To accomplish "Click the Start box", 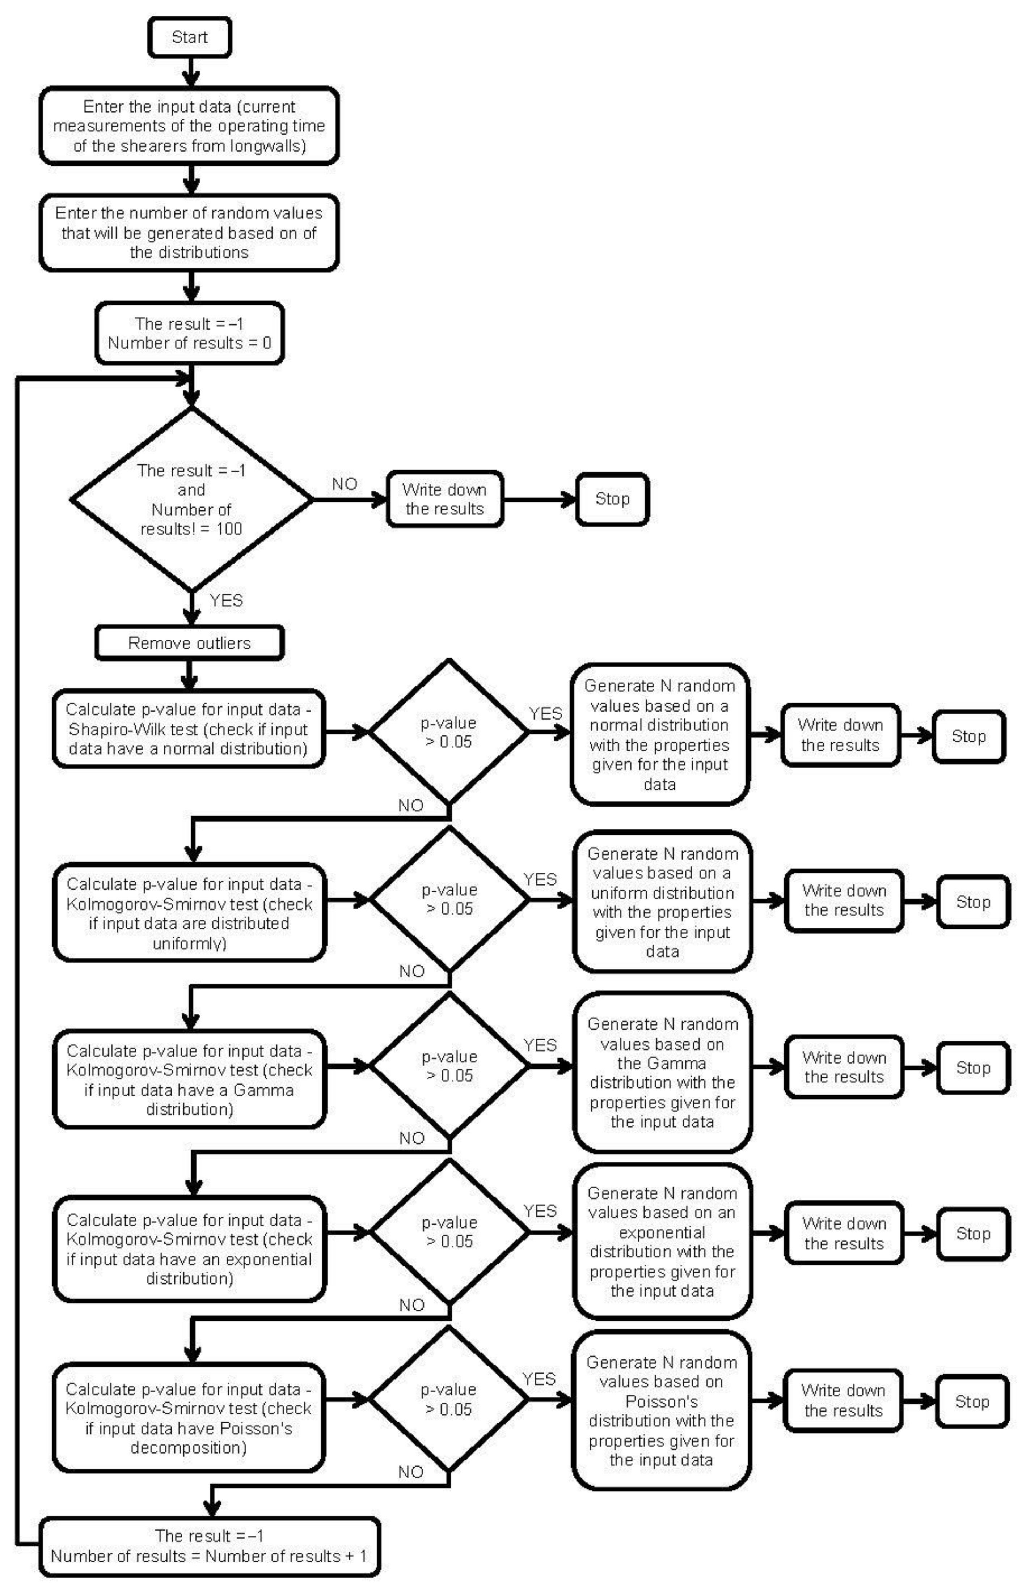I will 190,37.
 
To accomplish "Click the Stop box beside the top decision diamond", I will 612,499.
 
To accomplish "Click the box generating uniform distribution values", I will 662,902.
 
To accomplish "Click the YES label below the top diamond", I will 226,600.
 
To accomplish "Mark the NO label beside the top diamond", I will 345,484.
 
